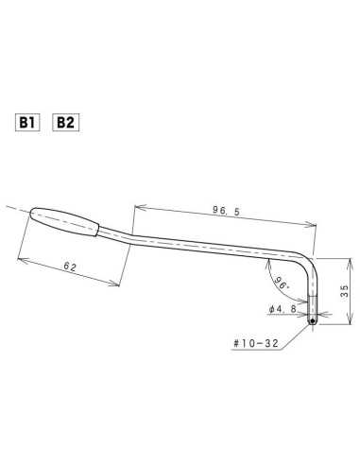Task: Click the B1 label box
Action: click(x=27, y=123)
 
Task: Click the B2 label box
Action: click(x=65, y=123)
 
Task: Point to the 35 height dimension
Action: click(x=345, y=293)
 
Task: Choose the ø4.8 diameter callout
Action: click(x=283, y=309)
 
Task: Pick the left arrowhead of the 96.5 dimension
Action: click(x=137, y=204)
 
